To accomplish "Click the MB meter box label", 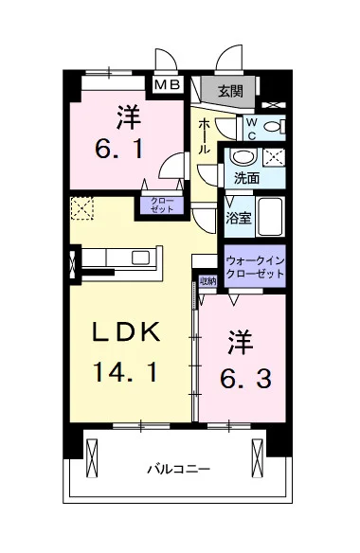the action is pos(168,84).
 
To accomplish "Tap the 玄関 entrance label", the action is pos(231,91).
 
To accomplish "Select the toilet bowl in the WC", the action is pos(275,127).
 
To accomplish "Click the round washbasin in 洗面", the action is pos(243,156).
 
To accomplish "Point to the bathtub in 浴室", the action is pos(270,217).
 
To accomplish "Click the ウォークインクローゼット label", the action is pos(255,267).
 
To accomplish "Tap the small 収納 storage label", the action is pos(207,281).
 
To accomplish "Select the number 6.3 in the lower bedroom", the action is pos(246,379).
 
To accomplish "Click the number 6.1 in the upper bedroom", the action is pos(119,149).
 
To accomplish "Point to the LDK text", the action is pos(126,332).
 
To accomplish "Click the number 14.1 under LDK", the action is pos(125,373).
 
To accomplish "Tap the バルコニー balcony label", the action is pos(179,469).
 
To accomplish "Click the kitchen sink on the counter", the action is pos(140,258).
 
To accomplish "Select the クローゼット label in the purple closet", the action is pos(162,205).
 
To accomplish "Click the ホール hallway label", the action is pos(204,136).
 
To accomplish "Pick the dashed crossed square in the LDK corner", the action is pos(82,208).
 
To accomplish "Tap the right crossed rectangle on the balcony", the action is pos(258,457).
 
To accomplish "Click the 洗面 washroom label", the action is pos(247,178).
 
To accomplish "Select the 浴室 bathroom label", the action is pos(239,219).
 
